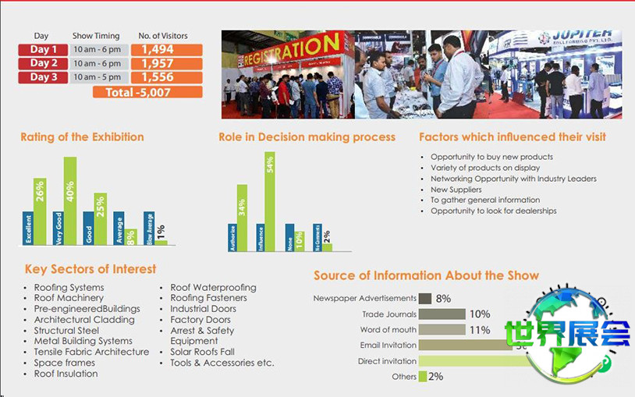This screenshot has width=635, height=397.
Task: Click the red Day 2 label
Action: (44, 63)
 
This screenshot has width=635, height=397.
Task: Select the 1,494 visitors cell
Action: (167, 50)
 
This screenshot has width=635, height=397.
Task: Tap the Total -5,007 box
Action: (147, 91)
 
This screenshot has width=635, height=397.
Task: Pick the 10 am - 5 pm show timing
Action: (97, 77)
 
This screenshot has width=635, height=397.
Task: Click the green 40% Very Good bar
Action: (70, 201)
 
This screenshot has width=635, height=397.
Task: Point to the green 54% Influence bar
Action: (270, 201)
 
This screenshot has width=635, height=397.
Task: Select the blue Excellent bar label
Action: (28, 228)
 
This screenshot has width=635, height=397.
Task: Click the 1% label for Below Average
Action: (161, 232)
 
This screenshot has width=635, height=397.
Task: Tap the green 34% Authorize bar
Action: (242, 217)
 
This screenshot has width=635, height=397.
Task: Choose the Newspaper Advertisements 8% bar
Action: (425, 298)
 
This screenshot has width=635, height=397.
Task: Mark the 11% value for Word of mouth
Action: (480, 330)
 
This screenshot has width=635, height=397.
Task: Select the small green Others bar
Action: (423, 377)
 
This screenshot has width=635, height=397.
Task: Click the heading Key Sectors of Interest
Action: (90, 269)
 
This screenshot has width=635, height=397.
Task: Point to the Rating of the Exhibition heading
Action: (82, 137)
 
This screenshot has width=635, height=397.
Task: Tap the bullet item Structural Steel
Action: (66, 331)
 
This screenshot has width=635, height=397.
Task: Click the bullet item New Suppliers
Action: (456, 190)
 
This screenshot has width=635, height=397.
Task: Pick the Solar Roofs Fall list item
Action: (202, 352)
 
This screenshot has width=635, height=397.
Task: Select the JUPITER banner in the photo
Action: (573, 37)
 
